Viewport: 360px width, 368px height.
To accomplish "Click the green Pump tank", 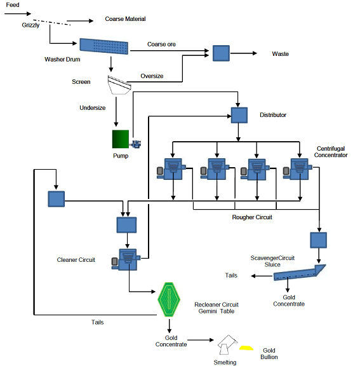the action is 121,139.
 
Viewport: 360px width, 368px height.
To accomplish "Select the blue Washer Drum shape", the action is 104,46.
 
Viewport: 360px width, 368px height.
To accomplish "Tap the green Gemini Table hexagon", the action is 169,299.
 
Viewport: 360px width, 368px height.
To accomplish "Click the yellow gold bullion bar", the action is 246,348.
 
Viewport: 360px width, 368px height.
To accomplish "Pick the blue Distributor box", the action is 239,115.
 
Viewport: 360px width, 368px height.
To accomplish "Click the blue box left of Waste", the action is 221,53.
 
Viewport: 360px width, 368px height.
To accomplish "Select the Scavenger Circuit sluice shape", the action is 299,273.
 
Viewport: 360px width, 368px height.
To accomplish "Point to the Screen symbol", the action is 119,85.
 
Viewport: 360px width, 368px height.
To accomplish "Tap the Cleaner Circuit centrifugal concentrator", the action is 126,259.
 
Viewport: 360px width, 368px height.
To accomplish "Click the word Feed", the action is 13,5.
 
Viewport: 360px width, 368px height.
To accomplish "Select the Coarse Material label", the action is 125,19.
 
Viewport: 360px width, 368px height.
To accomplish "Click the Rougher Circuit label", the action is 252,217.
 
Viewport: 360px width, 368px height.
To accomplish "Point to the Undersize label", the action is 93,107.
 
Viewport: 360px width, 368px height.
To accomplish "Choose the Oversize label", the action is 152,76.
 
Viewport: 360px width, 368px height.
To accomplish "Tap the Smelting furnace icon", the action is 227,344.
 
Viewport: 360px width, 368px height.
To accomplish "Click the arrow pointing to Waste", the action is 244,53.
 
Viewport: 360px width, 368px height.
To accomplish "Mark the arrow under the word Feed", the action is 18,13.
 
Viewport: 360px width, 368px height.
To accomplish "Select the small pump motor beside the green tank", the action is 136,144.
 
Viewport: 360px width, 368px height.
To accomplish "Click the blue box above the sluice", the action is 318,240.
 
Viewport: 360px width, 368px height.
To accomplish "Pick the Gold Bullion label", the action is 269,353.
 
